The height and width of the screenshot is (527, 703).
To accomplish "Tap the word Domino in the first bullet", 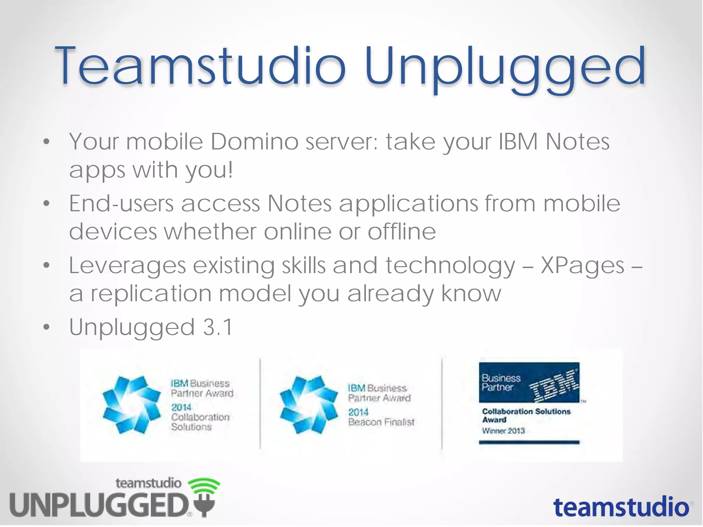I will [x=254, y=141].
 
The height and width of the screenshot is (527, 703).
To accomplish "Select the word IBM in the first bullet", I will [x=518, y=141].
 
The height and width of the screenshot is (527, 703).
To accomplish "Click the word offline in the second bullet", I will [x=402, y=232].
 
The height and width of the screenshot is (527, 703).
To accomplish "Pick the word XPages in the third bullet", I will [x=583, y=265].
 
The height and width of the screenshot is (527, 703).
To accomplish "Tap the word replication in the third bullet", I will [x=151, y=293].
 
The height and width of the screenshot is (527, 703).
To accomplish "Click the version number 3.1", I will [x=218, y=327].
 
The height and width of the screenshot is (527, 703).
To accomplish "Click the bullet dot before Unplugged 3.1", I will [x=47, y=327].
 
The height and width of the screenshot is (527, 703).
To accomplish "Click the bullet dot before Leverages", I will [x=47, y=265].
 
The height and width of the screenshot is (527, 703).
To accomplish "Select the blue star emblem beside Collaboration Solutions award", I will [x=131, y=405].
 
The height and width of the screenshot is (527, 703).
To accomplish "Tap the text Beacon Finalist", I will [x=381, y=422].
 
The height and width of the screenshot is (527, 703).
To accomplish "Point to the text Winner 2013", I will [x=503, y=431].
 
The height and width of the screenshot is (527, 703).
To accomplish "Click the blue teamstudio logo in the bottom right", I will [x=621, y=507].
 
